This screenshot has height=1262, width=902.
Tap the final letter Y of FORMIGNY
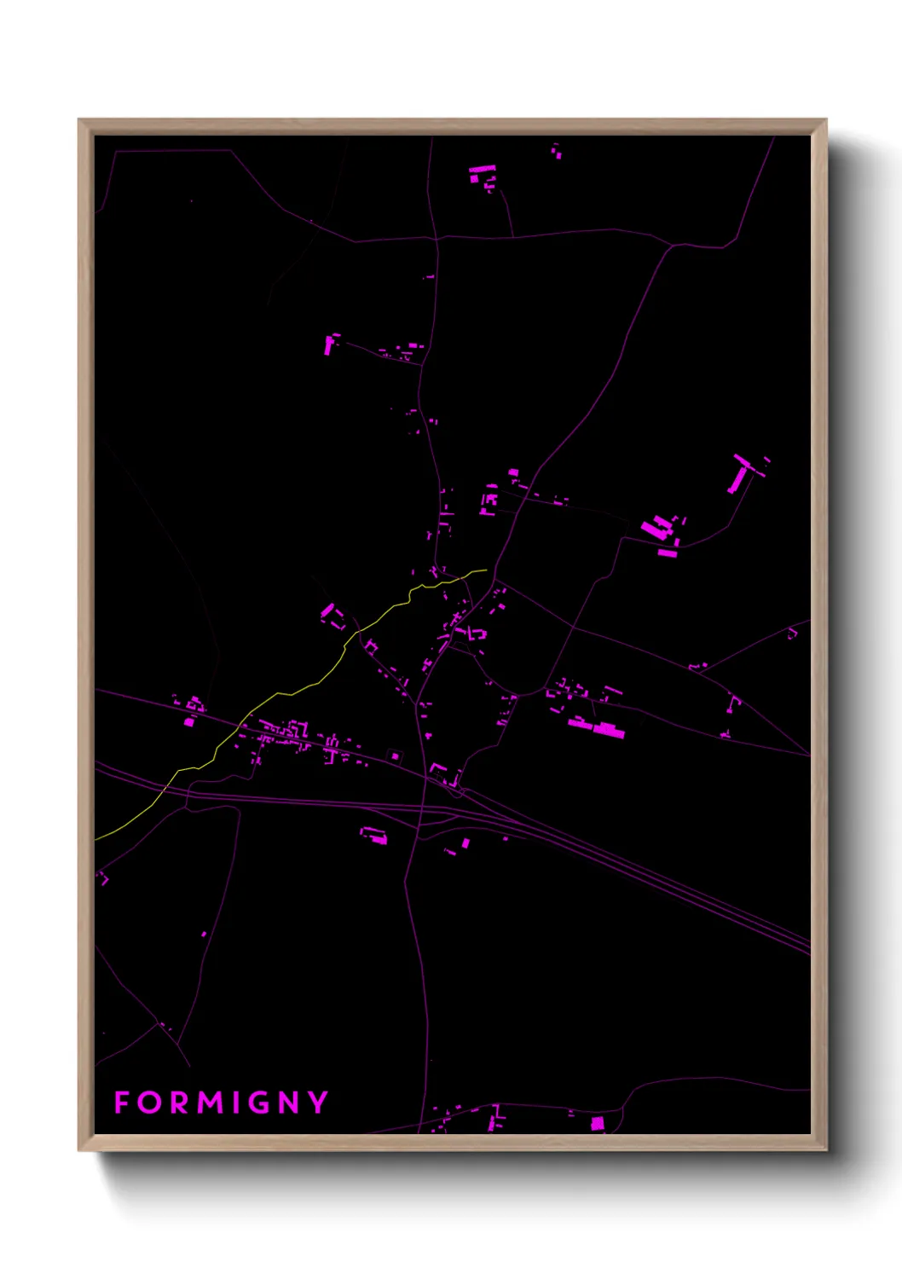coord(318,1103)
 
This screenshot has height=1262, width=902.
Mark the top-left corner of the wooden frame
coord(79,120)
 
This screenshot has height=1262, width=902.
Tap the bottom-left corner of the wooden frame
coord(79,1149)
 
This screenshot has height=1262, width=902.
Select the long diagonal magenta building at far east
coord(737,473)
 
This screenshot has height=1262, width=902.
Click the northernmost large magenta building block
coord(481,173)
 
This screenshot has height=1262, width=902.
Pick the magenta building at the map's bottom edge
coord(598,1124)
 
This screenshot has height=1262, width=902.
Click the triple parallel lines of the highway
coord(682,887)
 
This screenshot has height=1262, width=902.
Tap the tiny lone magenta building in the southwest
coord(204,935)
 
